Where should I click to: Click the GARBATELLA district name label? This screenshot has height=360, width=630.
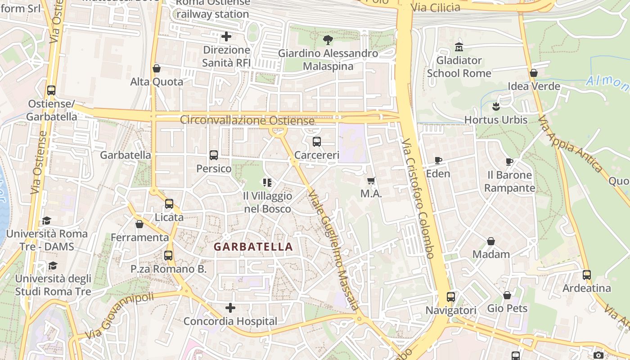pyautogui.click(x=253, y=247)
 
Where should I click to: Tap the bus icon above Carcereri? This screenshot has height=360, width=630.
pyautogui.click(x=317, y=142)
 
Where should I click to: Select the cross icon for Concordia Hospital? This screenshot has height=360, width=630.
pyautogui.click(x=230, y=308)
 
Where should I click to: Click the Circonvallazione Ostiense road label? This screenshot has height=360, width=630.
pyautogui.click(x=247, y=121)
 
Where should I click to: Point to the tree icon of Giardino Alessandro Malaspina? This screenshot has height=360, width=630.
pyautogui.click(x=328, y=40)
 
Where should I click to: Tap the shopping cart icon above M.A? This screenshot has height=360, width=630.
pyautogui.click(x=371, y=181)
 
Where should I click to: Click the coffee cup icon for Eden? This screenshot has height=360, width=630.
pyautogui.click(x=438, y=160)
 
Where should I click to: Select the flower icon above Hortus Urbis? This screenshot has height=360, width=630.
pyautogui.click(x=496, y=107)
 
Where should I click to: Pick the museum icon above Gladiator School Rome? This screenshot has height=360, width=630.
pyautogui.click(x=459, y=47)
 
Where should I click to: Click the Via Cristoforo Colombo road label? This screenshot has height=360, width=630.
pyautogui.click(x=418, y=198)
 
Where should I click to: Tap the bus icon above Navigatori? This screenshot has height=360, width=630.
pyautogui.click(x=451, y=297)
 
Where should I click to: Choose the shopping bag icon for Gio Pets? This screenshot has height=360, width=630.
pyautogui.click(x=507, y=295)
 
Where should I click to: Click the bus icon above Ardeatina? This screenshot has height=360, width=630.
pyautogui.click(x=587, y=275)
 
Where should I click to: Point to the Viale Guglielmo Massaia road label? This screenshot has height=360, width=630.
pyautogui.click(x=333, y=251)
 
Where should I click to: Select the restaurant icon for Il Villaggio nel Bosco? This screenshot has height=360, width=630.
pyautogui.click(x=267, y=183)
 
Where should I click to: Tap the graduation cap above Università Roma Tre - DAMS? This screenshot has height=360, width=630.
pyautogui.click(x=46, y=220)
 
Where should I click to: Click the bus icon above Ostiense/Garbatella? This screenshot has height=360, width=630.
pyautogui.click(x=51, y=90)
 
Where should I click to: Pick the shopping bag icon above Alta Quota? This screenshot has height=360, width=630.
pyautogui.click(x=157, y=68)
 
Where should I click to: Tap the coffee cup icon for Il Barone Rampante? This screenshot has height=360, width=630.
pyautogui.click(x=509, y=162)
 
